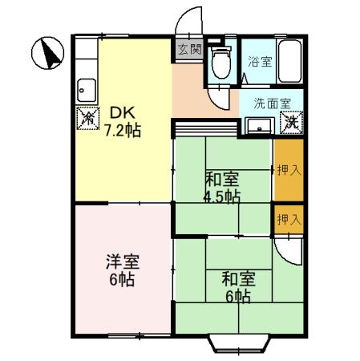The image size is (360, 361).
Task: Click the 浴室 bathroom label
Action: tap(259, 61)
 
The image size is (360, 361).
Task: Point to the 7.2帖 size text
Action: tap(123, 131)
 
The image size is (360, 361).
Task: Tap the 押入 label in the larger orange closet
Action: tap(289, 169)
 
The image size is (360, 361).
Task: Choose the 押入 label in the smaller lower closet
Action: tap(289, 218)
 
